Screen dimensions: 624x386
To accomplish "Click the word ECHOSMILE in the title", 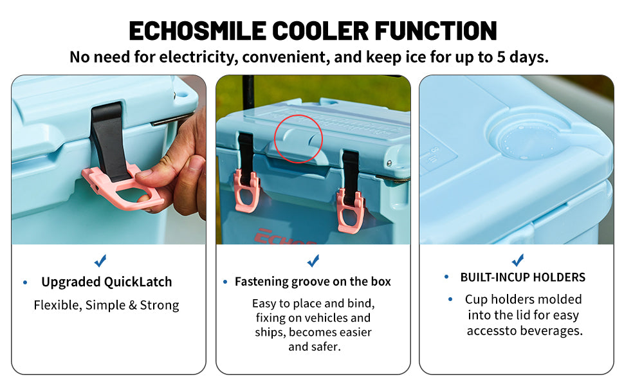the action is pos(197,31).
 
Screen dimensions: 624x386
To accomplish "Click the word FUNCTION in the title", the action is pos(436,31).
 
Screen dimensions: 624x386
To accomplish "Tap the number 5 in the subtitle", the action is pos(500,57).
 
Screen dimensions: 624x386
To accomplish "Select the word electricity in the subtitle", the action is pos(199,57).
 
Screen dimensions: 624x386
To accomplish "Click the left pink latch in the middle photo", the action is pos(246,190).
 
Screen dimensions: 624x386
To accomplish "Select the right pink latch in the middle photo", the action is pos(351,210).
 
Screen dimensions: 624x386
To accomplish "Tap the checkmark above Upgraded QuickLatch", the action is pos(100,261).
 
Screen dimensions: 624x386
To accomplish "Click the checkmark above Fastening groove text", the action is pos(313,261).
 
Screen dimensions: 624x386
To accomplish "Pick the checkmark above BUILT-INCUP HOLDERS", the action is pos(518,260).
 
